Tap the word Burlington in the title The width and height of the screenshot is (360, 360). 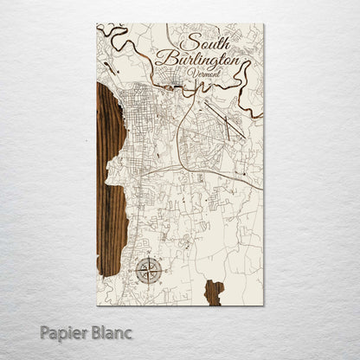coord(198,60)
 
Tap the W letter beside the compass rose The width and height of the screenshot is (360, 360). coord(132,271)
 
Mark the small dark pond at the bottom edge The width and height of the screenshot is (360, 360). coord(213,292)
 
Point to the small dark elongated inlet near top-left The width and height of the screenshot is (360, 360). coord(107,65)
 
